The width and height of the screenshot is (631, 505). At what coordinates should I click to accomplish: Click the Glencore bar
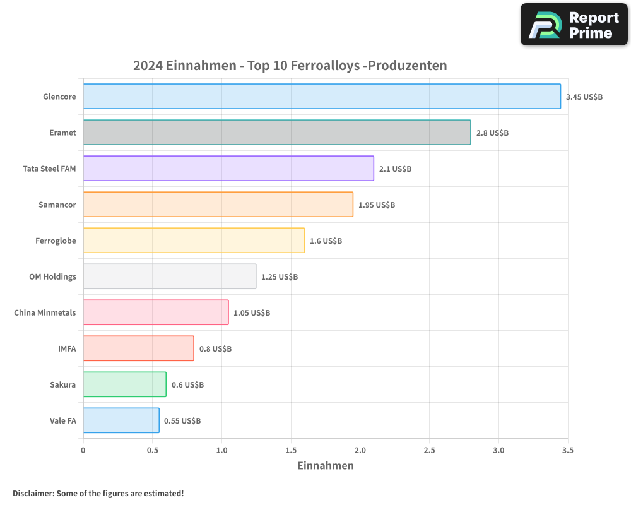pos(322,96)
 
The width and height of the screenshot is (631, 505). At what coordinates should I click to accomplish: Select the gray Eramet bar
pos(276,132)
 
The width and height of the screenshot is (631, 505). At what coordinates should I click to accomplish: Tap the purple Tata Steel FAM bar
pos(228,168)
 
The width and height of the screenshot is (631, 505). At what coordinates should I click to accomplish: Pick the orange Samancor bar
pos(218,204)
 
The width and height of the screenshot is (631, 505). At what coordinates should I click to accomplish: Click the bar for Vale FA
pos(121,420)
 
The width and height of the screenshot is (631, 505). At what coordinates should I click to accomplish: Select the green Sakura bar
pos(124,384)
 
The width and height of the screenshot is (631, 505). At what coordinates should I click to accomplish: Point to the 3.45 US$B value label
pos(584,97)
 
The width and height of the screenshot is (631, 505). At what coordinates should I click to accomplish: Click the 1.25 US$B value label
pos(280,276)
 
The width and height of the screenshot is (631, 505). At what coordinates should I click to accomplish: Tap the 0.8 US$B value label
pos(215,348)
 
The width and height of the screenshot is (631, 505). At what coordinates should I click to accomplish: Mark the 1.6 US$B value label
pos(326,241)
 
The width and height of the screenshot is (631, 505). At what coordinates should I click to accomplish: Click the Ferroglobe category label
pos(56,241)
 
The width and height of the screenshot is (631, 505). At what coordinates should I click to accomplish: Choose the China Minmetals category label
pos(45,312)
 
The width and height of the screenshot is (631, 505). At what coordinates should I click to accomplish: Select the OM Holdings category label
pos(52,276)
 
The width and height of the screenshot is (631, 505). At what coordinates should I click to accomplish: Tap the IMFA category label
pos(67,348)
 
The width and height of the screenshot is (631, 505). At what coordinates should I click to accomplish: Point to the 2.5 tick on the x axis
pos(429,451)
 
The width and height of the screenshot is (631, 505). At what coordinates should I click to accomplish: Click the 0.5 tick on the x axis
pos(152,451)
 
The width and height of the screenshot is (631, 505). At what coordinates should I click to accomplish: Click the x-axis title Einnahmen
pos(325,466)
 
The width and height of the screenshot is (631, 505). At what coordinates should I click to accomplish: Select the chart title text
pos(290,66)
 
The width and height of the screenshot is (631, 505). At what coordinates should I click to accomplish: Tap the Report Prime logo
pos(574,25)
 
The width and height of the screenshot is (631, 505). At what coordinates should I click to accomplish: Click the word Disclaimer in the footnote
pos(32,493)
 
